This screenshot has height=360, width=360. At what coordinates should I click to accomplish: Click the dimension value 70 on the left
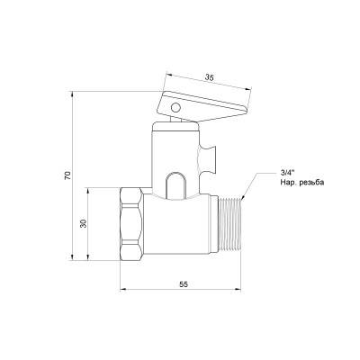pos(67,176)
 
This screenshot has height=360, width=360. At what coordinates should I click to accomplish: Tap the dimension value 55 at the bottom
pos(183,283)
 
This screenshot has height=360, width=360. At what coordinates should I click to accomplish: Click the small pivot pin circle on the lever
pos(174,108)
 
